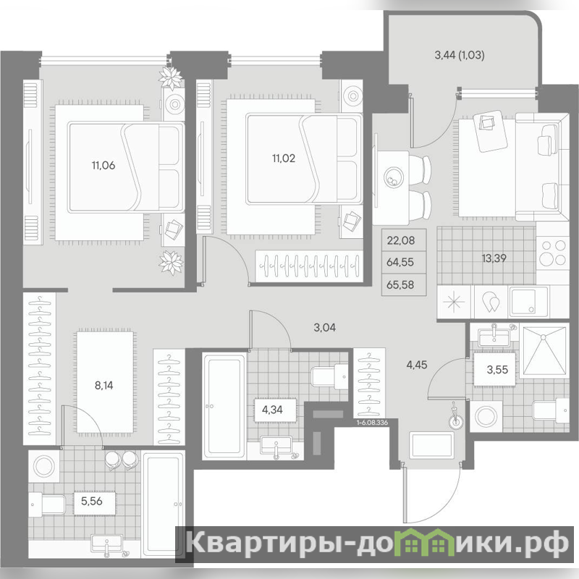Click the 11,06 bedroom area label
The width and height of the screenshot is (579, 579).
point(103,166)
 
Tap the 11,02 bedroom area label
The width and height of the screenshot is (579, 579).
point(284,159)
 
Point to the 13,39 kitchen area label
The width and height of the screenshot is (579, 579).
point(494,258)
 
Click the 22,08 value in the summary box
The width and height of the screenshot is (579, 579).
point(401,241)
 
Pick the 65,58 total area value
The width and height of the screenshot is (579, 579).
point(400,284)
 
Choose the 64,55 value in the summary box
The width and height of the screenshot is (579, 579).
point(400,262)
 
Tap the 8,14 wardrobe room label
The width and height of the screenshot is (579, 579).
point(103,386)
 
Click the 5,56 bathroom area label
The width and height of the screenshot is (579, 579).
point(92,501)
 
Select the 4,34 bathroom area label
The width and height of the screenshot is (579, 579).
point(272,410)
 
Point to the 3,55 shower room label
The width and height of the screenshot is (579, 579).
point(497,369)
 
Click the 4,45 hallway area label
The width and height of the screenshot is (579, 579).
point(417,365)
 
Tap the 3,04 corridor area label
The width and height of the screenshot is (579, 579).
point(324,327)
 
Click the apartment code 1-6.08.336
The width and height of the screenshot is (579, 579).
point(372,423)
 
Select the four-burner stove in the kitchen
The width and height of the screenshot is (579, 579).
point(552,253)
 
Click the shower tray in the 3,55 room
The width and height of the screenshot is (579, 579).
point(543,351)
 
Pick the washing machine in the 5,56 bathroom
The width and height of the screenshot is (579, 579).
point(44,466)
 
